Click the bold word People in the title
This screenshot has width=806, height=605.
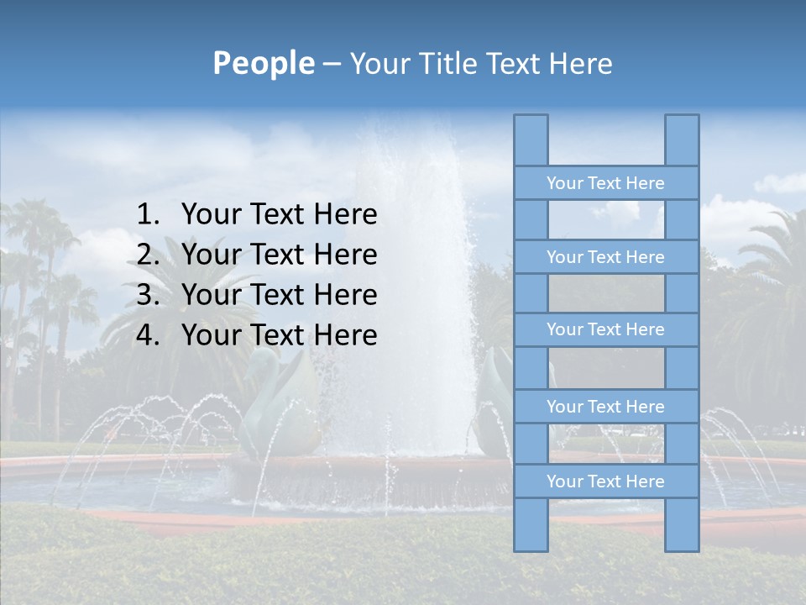click(x=263, y=63)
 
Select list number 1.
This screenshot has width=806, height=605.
click(x=147, y=215)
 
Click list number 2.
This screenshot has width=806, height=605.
click(x=147, y=255)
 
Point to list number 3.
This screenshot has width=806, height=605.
click(x=147, y=295)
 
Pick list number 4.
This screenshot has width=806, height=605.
click(x=147, y=335)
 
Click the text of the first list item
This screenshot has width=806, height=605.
click(x=279, y=215)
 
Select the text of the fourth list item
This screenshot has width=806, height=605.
click(x=279, y=335)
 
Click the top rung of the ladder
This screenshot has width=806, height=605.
click(x=605, y=183)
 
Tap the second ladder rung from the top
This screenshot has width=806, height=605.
click(x=605, y=257)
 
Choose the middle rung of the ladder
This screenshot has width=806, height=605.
click(x=605, y=329)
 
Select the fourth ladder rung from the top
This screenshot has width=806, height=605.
click(x=605, y=407)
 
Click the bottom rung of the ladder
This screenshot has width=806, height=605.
click(x=605, y=481)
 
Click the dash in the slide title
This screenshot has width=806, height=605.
click(x=331, y=65)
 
